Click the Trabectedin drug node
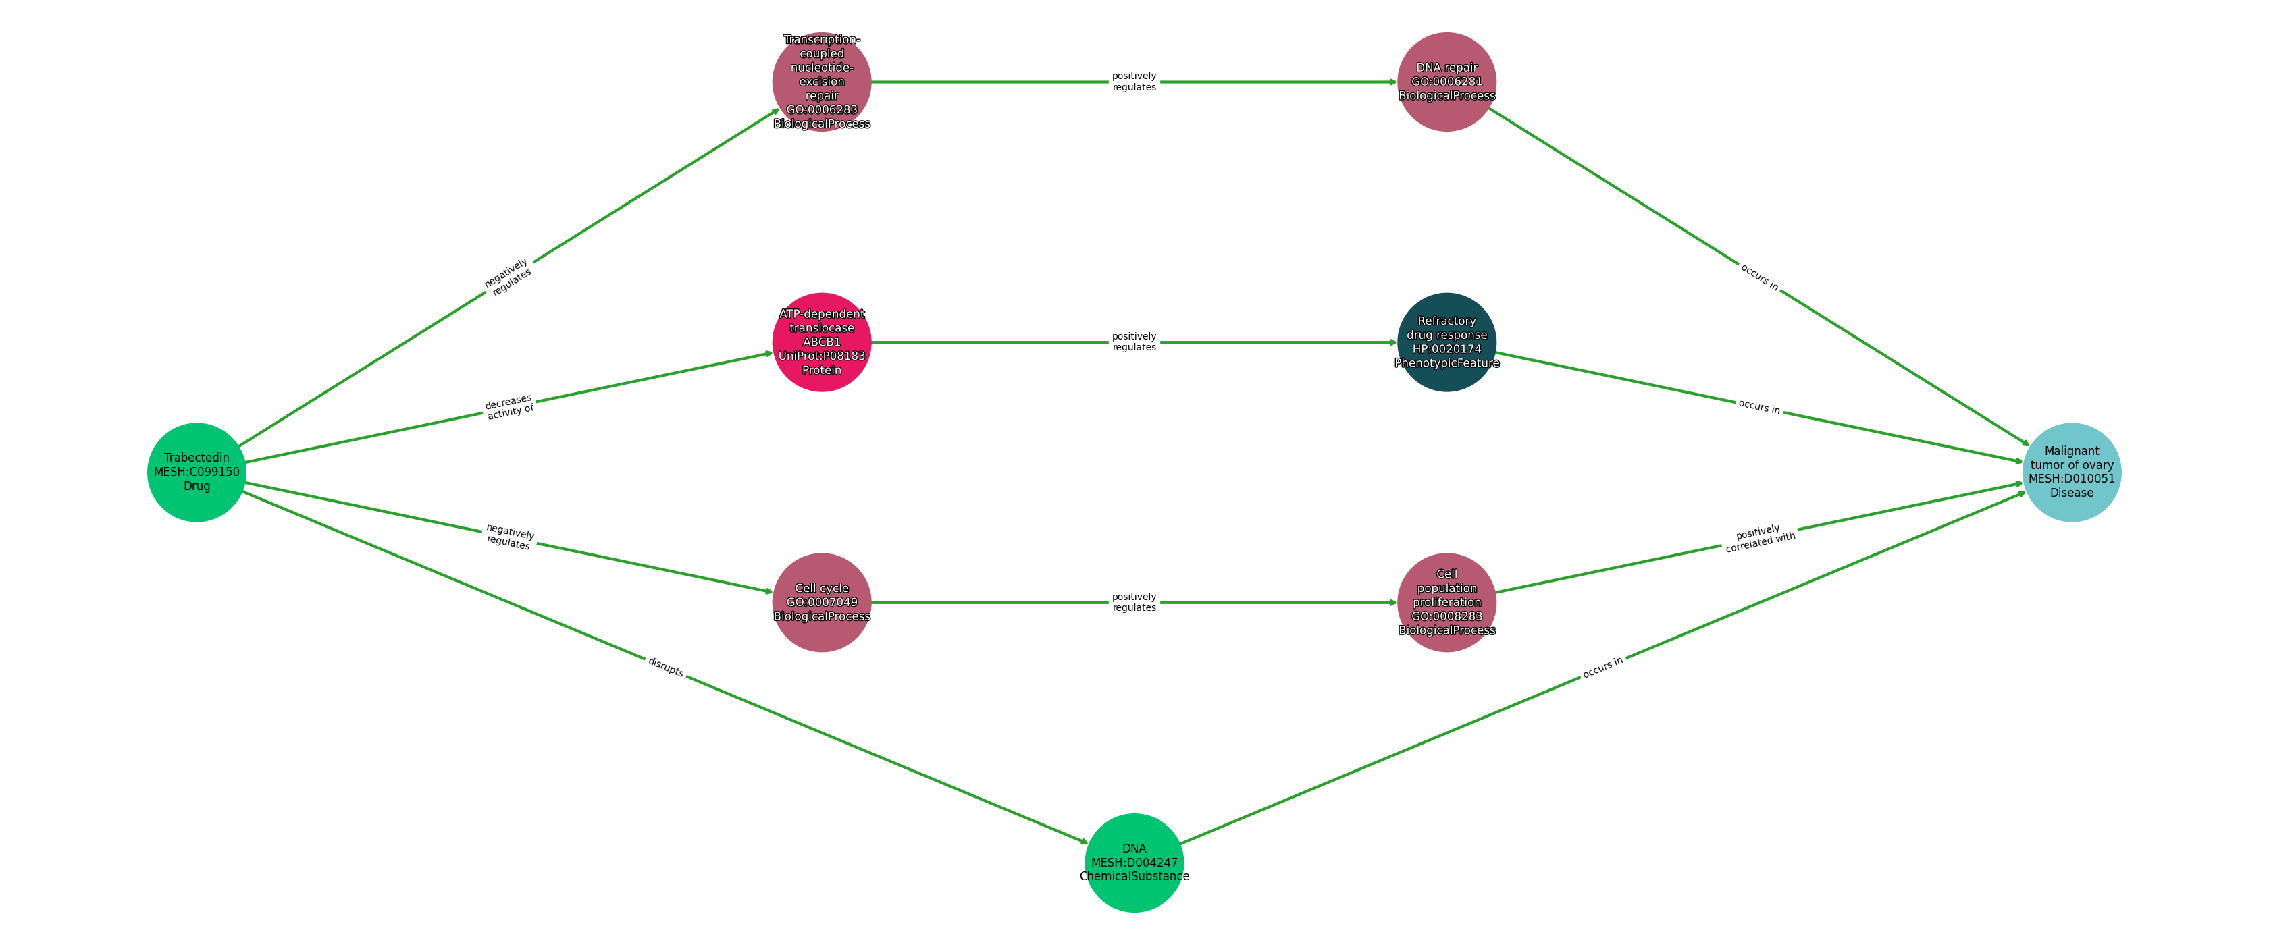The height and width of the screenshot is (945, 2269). point(197,472)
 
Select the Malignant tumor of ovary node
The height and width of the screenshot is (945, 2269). point(2072,472)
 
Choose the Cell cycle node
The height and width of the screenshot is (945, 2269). point(822,602)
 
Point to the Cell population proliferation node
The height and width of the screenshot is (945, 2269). point(1447,602)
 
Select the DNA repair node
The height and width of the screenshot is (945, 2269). point(1447,82)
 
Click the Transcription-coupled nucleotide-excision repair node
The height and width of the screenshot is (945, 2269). point(822,82)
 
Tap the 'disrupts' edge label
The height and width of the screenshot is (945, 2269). point(666,668)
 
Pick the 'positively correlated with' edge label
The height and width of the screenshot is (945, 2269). point(1759,538)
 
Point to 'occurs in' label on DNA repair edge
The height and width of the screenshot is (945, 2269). point(1759,277)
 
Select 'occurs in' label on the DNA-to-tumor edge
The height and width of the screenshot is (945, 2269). point(1603,668)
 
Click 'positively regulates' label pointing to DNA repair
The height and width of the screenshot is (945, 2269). point(1134,82)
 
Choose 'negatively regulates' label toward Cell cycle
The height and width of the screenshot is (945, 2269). point(509,537)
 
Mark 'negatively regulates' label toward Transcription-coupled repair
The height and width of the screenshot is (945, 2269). point(508,277)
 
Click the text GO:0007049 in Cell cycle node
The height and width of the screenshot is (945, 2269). point(822,602)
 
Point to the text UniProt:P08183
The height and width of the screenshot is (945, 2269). point(822,356)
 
